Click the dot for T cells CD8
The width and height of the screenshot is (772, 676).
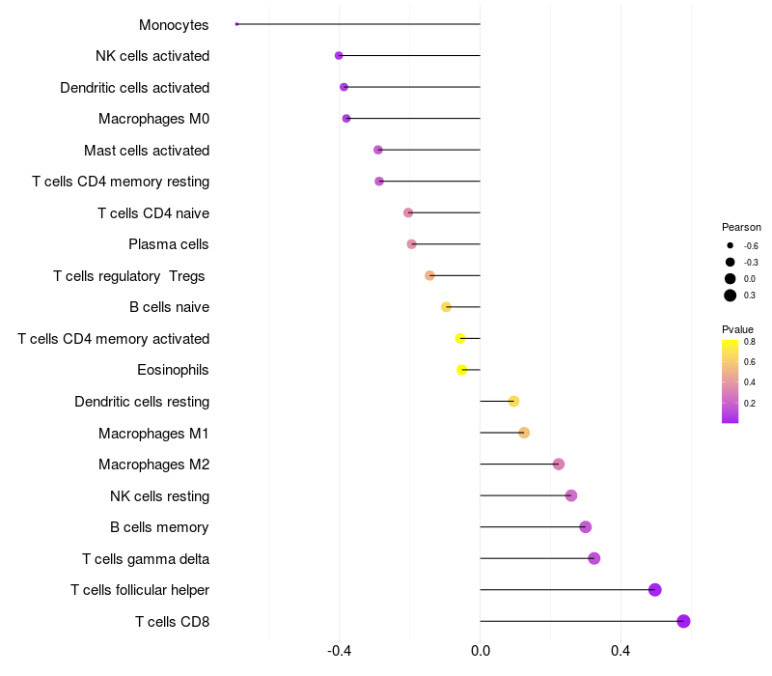pos(683,621)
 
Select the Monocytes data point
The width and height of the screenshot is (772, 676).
pos(236,24)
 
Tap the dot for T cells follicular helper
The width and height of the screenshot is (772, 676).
pos(654,590)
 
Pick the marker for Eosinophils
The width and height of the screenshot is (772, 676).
pos(462,370)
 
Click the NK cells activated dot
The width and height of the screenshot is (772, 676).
pos(339,56)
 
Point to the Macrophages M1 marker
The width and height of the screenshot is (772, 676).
pos(524,433)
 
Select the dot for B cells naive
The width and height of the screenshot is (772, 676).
pos(446,307)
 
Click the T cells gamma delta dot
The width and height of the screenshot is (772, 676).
pos(593,558)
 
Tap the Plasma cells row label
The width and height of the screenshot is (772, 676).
pos(169,244)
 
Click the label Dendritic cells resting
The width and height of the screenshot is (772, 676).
pos(142,402)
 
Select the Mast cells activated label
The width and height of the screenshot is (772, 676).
pos(147,151)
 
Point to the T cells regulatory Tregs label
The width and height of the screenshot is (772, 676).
pos(129,276)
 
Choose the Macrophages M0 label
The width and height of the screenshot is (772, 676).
pos(154,119)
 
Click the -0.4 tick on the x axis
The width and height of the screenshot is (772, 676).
pos(339,651)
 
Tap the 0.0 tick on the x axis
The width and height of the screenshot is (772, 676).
pos(480,651)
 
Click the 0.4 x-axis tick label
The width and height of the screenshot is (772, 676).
pos(620,651)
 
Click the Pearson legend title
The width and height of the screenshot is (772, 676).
pos(741,227)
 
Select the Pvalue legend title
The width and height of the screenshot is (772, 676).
pos(738,329)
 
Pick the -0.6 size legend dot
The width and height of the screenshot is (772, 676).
pos(731,245)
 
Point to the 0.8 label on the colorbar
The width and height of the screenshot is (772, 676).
pos(750,341)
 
